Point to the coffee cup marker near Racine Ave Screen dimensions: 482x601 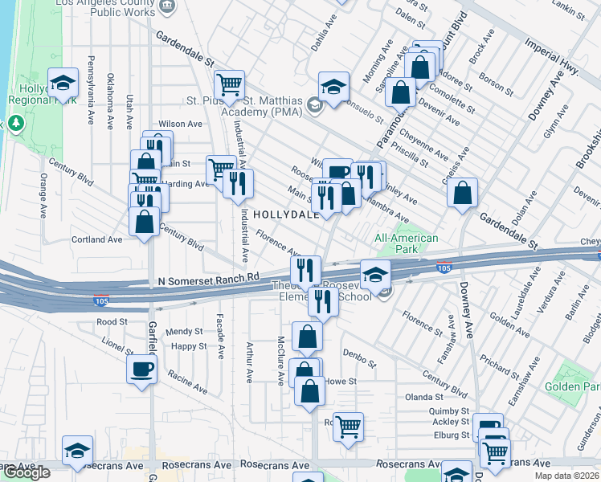click(x=142, y=370)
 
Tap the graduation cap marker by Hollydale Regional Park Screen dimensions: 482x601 click(x=63, y=83)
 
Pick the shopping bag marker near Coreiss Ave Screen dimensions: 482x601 click(x=463, y=193)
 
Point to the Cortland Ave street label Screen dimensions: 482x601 click(x=96, y=239)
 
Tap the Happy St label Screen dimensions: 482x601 click(x=190, y=346)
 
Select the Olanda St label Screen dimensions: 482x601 click(x=424, y=397)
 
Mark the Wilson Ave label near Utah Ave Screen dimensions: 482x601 click(x=180, y=124)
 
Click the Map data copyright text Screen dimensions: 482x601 click(x=566, y=476)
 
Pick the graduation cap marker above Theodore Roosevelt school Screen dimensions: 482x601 click(x=374, y=275)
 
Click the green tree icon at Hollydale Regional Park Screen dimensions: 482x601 click(x=14, y=124)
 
